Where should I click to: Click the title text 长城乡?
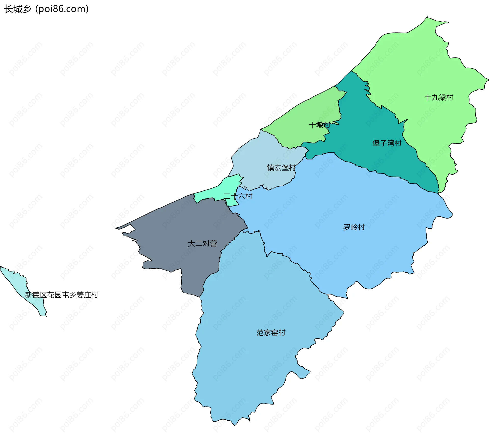(18, 9)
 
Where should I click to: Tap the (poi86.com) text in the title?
(62, 9)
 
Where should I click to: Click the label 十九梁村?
(439, 97)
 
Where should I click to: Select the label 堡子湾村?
(387, 143)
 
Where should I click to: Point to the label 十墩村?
(319, 125)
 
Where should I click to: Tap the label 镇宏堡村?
(281, 168)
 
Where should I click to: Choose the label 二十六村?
(238, 196)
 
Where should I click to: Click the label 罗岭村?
(354, 227)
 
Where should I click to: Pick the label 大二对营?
(202, 244)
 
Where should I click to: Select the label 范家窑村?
(271, 333)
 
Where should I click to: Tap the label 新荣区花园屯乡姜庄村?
(62, 295)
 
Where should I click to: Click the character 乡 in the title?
(27, 9)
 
